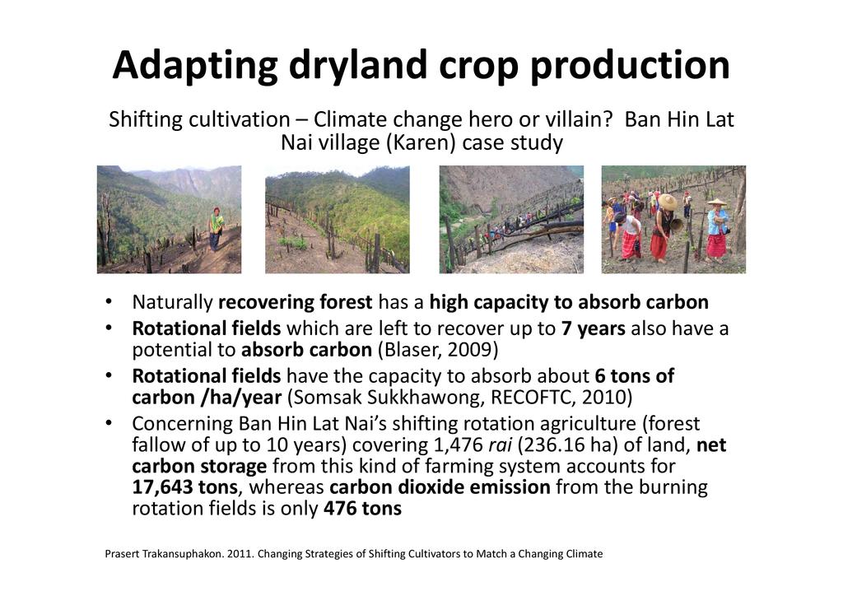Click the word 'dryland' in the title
(358, 66)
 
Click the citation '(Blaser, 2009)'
(438, 350)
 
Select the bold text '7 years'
(593, 328)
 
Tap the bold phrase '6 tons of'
(635, 375)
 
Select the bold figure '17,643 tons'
(184, 487)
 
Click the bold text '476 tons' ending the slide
(362, 509)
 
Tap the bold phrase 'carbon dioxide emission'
(440, 487)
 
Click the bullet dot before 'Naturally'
(109, 302)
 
